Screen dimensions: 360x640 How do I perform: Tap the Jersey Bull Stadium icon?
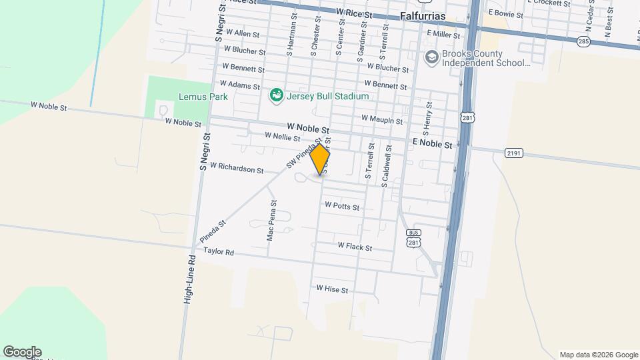[x=275, y=96]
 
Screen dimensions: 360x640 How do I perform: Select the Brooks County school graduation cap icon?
[x=431, y=57]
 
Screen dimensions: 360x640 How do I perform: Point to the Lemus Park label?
[x=203, y=97]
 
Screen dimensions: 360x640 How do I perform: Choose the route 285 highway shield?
[x=584, y=41]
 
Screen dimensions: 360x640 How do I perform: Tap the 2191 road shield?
[x=513, y=153]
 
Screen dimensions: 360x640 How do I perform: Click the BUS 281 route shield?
[x=413, y=238]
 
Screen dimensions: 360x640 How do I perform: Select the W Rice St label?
[x=354, y=13]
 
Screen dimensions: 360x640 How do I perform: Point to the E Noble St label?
[x=432, y=144]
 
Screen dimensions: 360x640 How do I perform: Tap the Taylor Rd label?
[x=219, y=253]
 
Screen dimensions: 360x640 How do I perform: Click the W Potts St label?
[x=342, y=207]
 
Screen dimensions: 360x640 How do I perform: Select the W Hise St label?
[x=332, y=289]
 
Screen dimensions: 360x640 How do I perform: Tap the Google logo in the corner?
[x=22, y=352]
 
